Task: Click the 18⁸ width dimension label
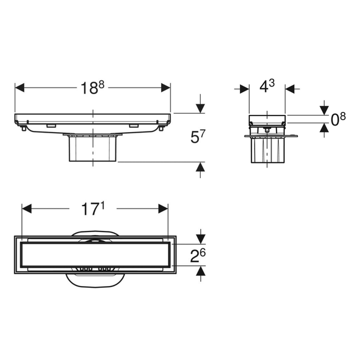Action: point(92,88)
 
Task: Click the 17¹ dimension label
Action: point(93,208)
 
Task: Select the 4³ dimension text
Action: point(267,86)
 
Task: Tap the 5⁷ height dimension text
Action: point(197,137)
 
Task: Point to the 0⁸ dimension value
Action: point(338,120)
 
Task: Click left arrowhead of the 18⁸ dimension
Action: point(20,88)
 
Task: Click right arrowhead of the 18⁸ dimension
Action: point(166,88)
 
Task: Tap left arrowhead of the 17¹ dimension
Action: point(27,208)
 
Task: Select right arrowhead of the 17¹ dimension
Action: point(163,208)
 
